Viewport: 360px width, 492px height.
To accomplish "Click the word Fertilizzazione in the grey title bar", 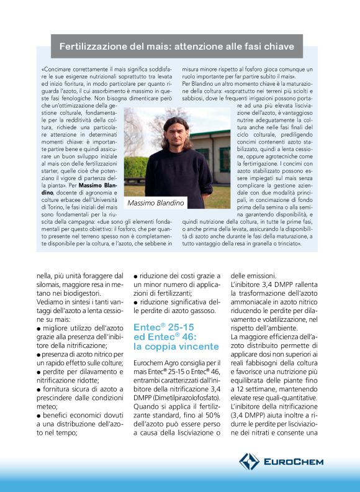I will [x=90, y=46].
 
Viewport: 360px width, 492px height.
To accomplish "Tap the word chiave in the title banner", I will [x=278, y=46].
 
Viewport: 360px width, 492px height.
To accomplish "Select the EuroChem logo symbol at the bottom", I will [x=250, y=461].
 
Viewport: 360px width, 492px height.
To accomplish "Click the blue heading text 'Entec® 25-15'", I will [x=163, y=326].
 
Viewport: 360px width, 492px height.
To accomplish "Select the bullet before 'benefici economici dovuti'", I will [x=38, y=412].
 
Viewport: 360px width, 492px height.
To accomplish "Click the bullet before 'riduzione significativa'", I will [x=136, y=303].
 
